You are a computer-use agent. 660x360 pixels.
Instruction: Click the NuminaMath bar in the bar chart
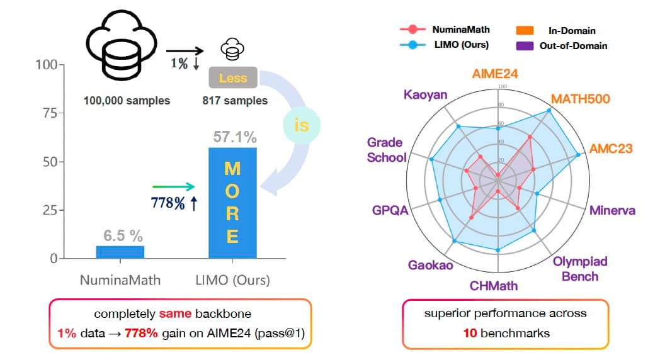click(120, 251)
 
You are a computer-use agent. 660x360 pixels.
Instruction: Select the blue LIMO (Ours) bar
click(232, 202)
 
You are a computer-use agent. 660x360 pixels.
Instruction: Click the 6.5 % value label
click(120, 236)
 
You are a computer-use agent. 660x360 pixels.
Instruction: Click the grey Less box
click(232, 78)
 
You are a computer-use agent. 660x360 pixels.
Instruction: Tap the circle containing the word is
click(302, 125)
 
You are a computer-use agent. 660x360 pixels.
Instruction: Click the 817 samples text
click(235, 101)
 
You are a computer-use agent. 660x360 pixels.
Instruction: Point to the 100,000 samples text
click(127, 101)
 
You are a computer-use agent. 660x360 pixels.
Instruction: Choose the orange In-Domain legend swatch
click(525, 30)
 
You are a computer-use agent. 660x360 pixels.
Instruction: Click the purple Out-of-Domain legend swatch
click(525, 45)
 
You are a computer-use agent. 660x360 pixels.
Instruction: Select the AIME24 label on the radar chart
click(496, 74)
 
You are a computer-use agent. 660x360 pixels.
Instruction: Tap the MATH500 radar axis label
click(581, 99)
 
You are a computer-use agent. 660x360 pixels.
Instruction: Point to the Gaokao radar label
click(430, 265)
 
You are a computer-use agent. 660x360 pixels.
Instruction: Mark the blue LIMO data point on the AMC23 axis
click(578, 154)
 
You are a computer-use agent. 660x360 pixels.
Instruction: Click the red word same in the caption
click(171, 313)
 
